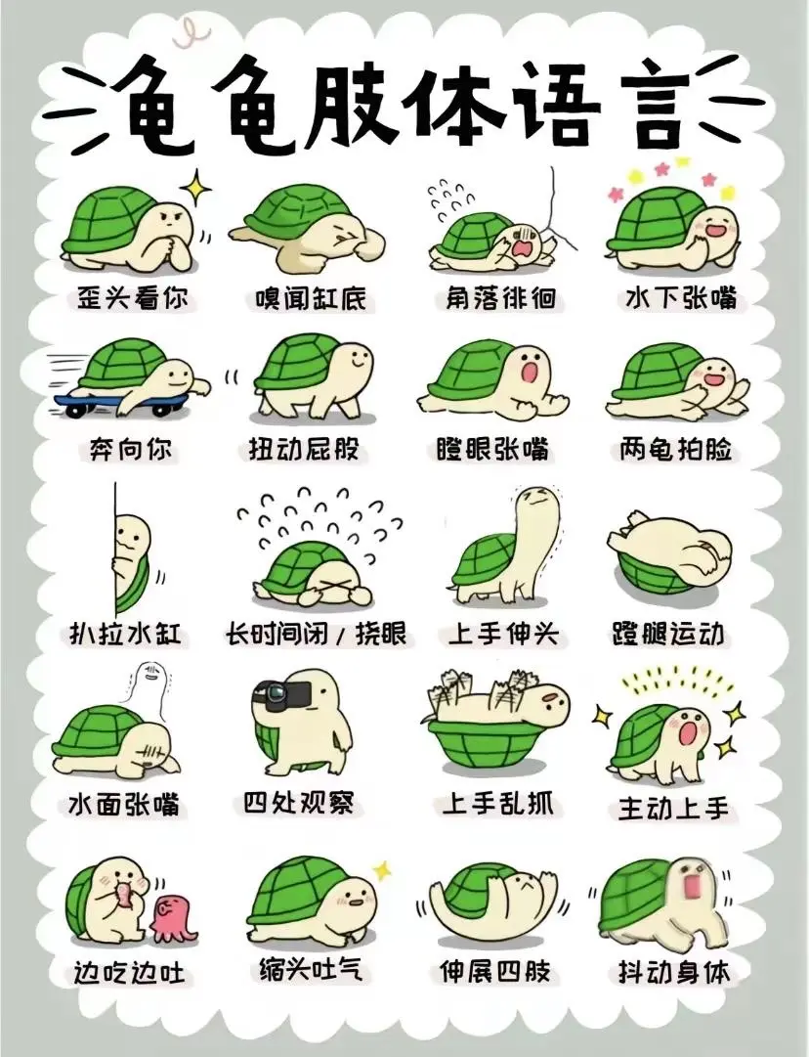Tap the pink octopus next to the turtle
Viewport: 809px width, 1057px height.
[173, 918]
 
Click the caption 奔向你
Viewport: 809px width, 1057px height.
[129, 452]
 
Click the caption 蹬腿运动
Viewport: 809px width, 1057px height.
[668, 634]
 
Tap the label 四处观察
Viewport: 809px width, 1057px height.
[298, 804]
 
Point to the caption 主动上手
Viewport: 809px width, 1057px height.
[673, 809]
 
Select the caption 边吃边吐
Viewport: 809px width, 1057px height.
[130, 974]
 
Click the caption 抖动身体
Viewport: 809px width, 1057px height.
[674, 973]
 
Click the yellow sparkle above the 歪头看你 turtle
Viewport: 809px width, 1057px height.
[198, 185]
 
